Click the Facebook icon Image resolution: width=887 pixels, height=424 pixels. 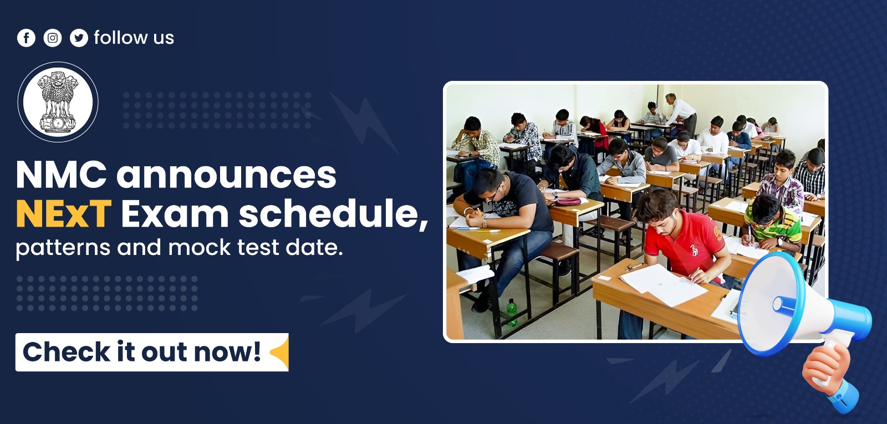26,38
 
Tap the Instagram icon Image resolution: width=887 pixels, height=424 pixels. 53,38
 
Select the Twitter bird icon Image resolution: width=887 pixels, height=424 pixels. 79,38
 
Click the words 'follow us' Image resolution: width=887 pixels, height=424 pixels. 134,38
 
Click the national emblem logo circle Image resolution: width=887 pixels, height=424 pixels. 58,102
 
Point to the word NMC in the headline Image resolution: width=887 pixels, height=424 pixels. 61,175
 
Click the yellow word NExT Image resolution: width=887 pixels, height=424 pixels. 63,214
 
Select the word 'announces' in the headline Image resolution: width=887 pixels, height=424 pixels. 226,175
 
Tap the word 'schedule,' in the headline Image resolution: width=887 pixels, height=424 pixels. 333,214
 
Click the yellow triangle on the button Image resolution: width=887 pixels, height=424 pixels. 281,353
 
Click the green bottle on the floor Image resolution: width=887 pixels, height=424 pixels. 512,313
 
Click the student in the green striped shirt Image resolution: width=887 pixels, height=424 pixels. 773,222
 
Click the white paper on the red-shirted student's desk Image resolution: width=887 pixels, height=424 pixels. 662,284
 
